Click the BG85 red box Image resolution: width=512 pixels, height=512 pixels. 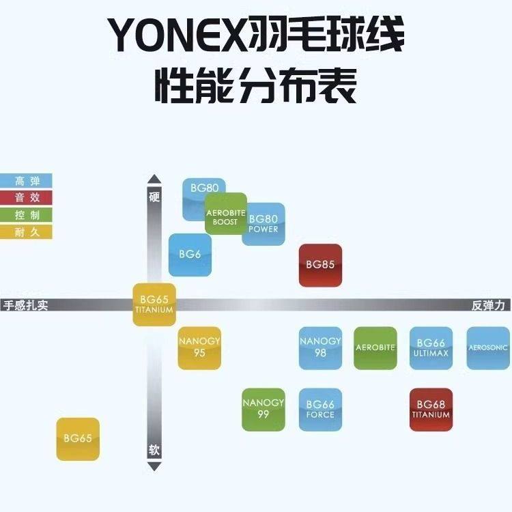(320, 265)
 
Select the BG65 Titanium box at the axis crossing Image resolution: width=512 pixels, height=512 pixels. (154, 304)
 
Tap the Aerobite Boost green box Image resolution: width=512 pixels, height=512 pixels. (226, 214)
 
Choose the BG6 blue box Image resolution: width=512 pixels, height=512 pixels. (190, 255)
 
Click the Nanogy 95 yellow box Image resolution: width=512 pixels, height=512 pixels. (199, 347)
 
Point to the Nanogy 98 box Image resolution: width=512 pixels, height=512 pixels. (320, 347)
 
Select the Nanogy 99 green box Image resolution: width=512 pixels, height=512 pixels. (264, 409)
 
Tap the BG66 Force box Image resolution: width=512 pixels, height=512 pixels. (320, 409)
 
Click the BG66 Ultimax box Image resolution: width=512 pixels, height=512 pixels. (431, 347)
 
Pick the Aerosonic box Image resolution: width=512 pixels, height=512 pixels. (488, 347)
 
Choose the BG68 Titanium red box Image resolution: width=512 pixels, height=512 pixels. (431, 409)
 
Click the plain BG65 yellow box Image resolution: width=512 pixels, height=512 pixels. (78, 438)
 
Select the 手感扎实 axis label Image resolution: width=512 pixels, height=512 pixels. (26, 305)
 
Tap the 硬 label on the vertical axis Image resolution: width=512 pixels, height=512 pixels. (154, 197)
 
